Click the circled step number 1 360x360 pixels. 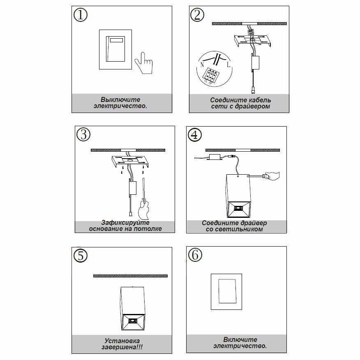81,15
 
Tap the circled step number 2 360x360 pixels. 197,15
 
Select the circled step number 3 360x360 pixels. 83,134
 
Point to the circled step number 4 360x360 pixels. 195,134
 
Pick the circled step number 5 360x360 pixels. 81,255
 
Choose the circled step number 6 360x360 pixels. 195,255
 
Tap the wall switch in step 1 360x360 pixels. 115,49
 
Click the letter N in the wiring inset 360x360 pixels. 202,65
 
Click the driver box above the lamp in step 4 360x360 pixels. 215,157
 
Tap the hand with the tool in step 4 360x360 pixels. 272,175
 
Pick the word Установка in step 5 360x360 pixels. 122,341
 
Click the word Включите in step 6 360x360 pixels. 240,339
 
